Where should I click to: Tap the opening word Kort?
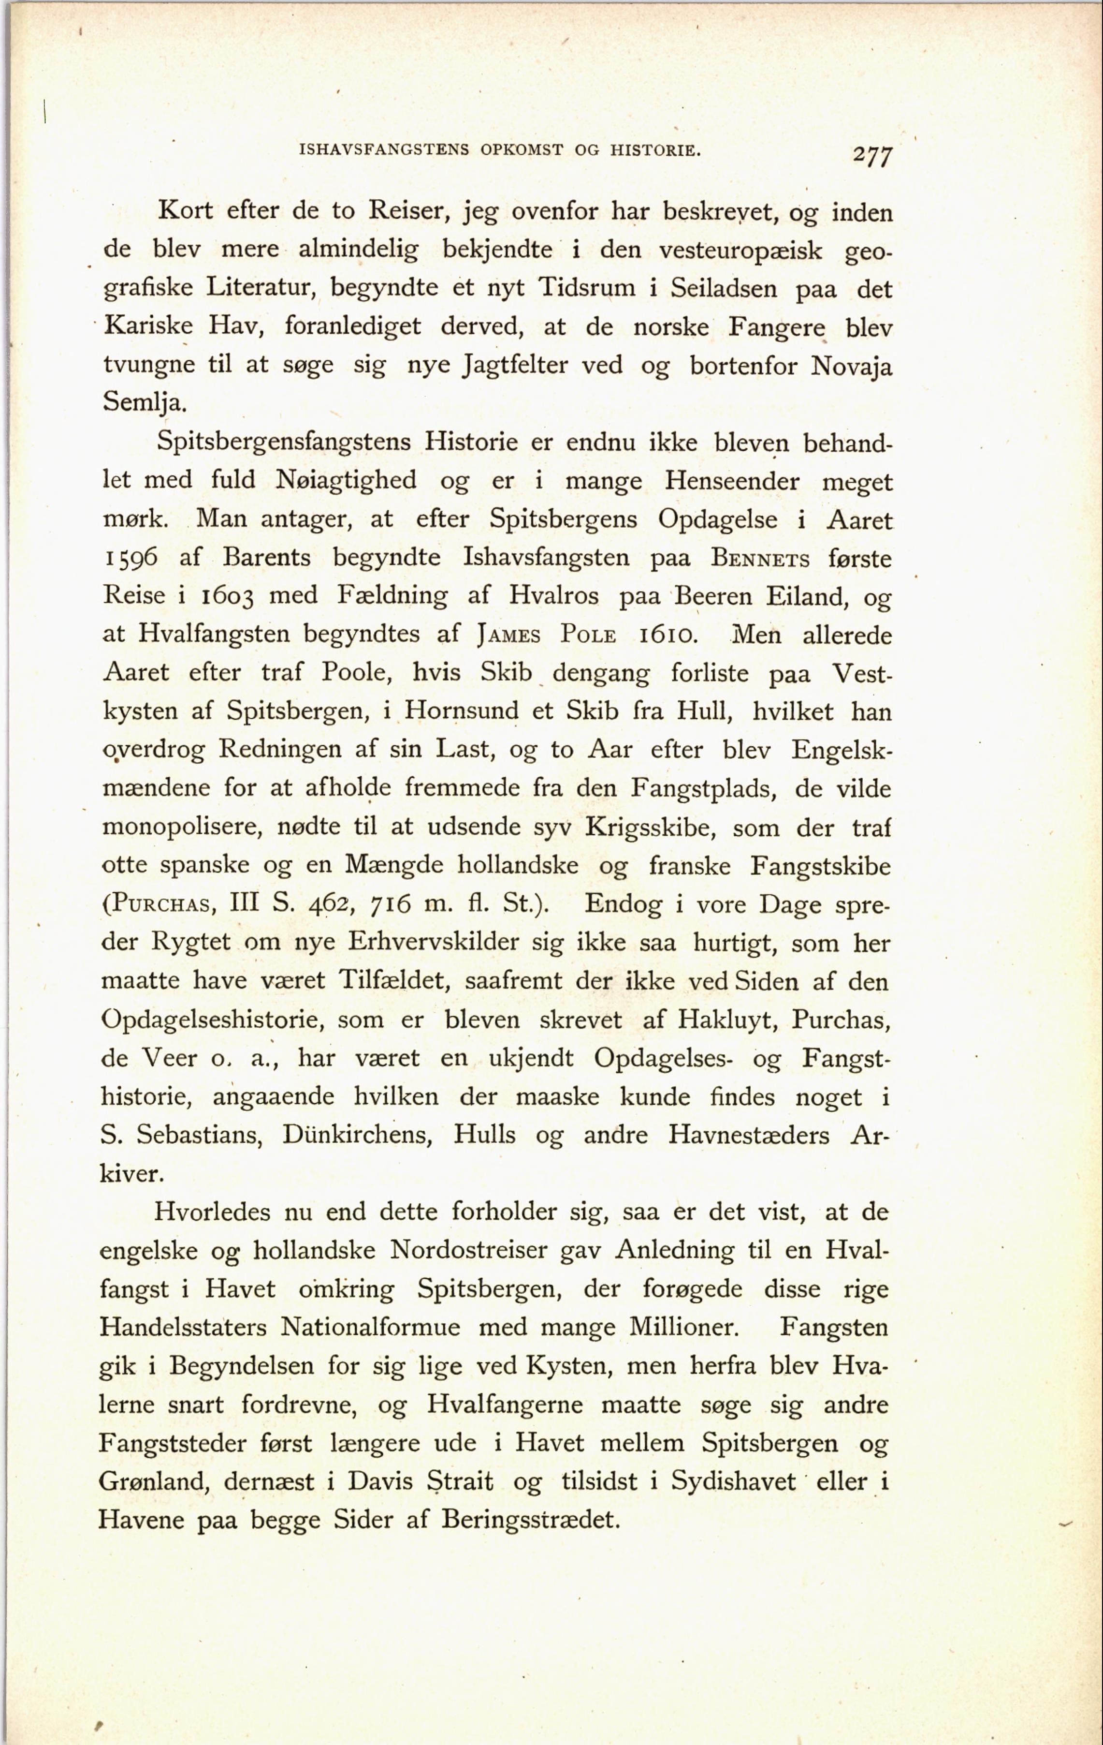(186, 210)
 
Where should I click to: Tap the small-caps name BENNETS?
(760, 559)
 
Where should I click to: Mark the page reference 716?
(391, 904)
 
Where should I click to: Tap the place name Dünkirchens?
(357, 1135)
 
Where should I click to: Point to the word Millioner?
(683, 1327)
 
